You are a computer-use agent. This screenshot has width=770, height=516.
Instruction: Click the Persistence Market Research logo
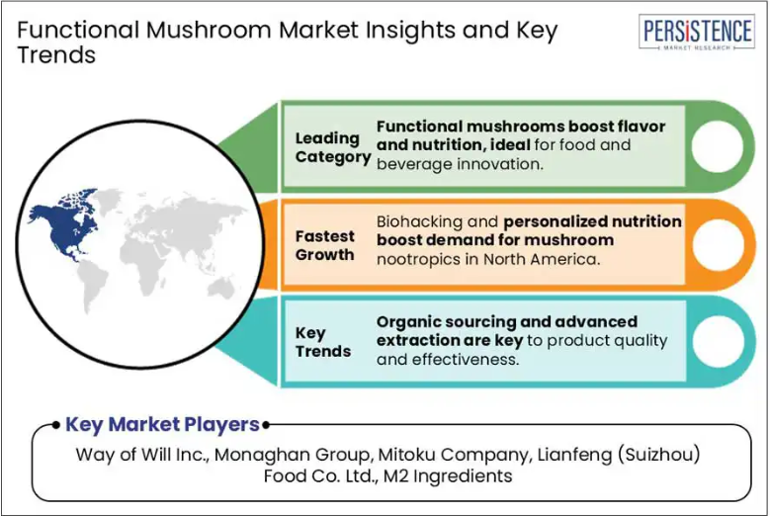pyautogui.click(x=696, y=32)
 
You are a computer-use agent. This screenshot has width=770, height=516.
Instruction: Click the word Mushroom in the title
pyautogui.click(x=209, y=30)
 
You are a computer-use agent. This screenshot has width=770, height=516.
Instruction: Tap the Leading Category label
pyautogui.click(x=332, y=147)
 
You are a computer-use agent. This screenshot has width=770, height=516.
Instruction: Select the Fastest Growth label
pyautogui.click(x=324, y=245)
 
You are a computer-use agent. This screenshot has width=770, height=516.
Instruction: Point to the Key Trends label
pyautogui.click(x=323, y=342)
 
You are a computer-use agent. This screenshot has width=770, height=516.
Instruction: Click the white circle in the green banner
pyautogui.click(x=717, y=146)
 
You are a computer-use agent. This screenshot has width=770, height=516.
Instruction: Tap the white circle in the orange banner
pyautogui.click(x=717, y=244)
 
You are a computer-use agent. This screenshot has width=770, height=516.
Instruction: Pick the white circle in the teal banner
pyautogui.click(x=717, y=341)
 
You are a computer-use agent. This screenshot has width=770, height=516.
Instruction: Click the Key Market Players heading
pyautogui.click(x=162, y=425)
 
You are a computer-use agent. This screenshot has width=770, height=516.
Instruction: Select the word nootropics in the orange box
pyautogui.click(x=418, y=259)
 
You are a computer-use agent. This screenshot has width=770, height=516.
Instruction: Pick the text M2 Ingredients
pyautogui.click(x=448, y=475)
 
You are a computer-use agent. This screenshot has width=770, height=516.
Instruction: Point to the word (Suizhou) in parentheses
pyautogui.click(x=658, y=454)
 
